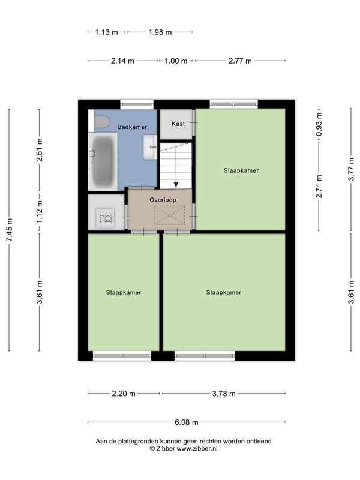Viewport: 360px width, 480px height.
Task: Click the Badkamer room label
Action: [132, 127]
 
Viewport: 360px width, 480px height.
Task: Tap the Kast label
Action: [178, 124]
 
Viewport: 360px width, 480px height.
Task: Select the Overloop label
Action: [163, 200]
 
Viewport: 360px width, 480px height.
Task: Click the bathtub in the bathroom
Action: [103, 161]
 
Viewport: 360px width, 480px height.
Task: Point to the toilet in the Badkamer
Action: [101, 122]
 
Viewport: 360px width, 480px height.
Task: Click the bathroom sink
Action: [151, 147]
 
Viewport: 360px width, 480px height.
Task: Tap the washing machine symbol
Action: [106, 218]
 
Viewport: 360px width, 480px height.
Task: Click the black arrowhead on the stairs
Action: [176, 185]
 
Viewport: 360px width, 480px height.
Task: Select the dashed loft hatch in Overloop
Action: [170, 215]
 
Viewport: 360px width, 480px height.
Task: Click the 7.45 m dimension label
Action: [9, 230]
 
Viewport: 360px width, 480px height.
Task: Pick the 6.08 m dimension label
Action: [187, 422]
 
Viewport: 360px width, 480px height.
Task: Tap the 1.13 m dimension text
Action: [106, 32]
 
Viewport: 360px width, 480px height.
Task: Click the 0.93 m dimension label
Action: [319, 125]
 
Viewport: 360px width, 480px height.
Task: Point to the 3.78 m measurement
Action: [224, 394]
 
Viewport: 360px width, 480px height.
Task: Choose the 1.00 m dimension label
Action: [176, 61]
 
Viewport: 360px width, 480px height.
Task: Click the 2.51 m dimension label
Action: [40, 150]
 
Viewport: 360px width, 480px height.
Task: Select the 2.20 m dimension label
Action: [124, 394]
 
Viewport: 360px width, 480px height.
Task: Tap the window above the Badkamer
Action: [137, 104]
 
